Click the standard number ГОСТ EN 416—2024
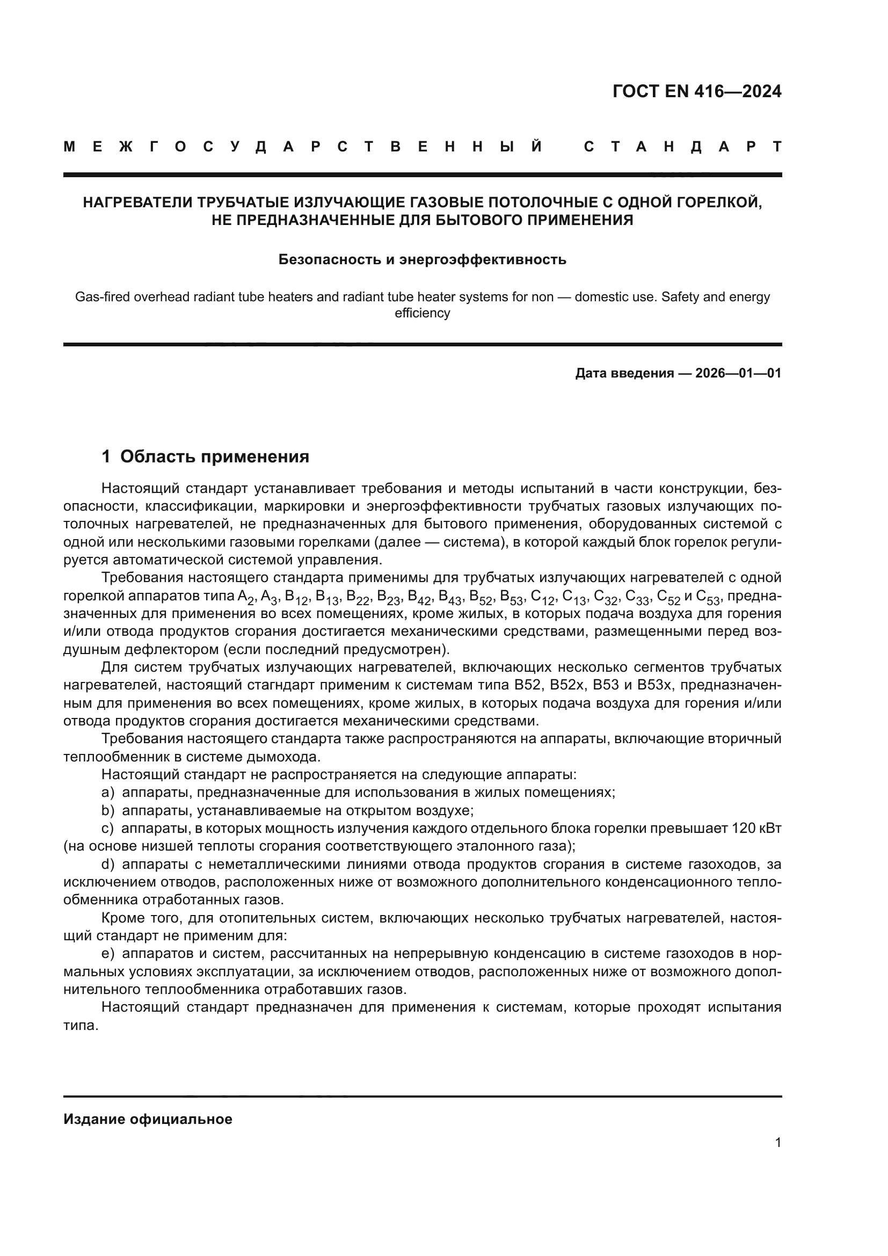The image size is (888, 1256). [x=697, y=91]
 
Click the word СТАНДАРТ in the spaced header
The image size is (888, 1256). [x=683, y=147]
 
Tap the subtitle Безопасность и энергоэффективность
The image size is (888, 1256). [x=422, y=259]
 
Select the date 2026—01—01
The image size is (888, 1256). [x=738, y=374]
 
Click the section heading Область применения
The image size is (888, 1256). [x=214, y=456]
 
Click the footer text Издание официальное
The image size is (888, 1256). [x=148, y=1119]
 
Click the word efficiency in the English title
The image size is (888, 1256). [x=422, y=314]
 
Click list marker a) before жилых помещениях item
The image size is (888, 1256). [x=108, y=793]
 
